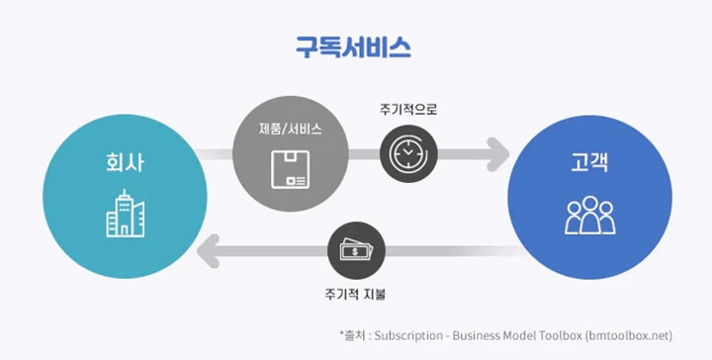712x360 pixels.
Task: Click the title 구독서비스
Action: (353, 45)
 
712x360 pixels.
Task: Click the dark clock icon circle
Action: (407, 155)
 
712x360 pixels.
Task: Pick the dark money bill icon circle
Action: (356, 249)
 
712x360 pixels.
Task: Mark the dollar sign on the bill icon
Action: (354, 251)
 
